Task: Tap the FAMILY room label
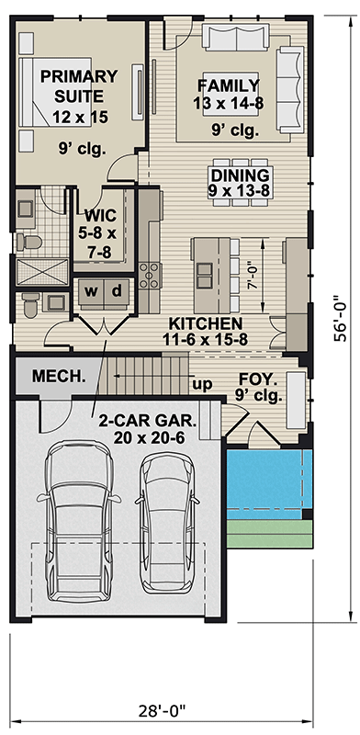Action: coord(229,85)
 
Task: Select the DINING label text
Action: coord(241,175)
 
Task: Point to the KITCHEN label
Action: coord(206,323)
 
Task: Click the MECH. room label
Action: coord(59,376)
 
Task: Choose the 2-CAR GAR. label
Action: coord(148,421)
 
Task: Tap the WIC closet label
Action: coord(100,216)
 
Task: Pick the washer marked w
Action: coord(92,291)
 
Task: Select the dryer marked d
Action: coord(117,291)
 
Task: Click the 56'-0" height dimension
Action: coord(341,319)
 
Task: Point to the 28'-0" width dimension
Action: coord(163,710)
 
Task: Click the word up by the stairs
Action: coord(202,384)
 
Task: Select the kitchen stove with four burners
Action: coord(150,276)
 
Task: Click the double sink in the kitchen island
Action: coord(205,275)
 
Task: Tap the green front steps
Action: coord(269,534)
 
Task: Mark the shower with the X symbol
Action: coord(42,272)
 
